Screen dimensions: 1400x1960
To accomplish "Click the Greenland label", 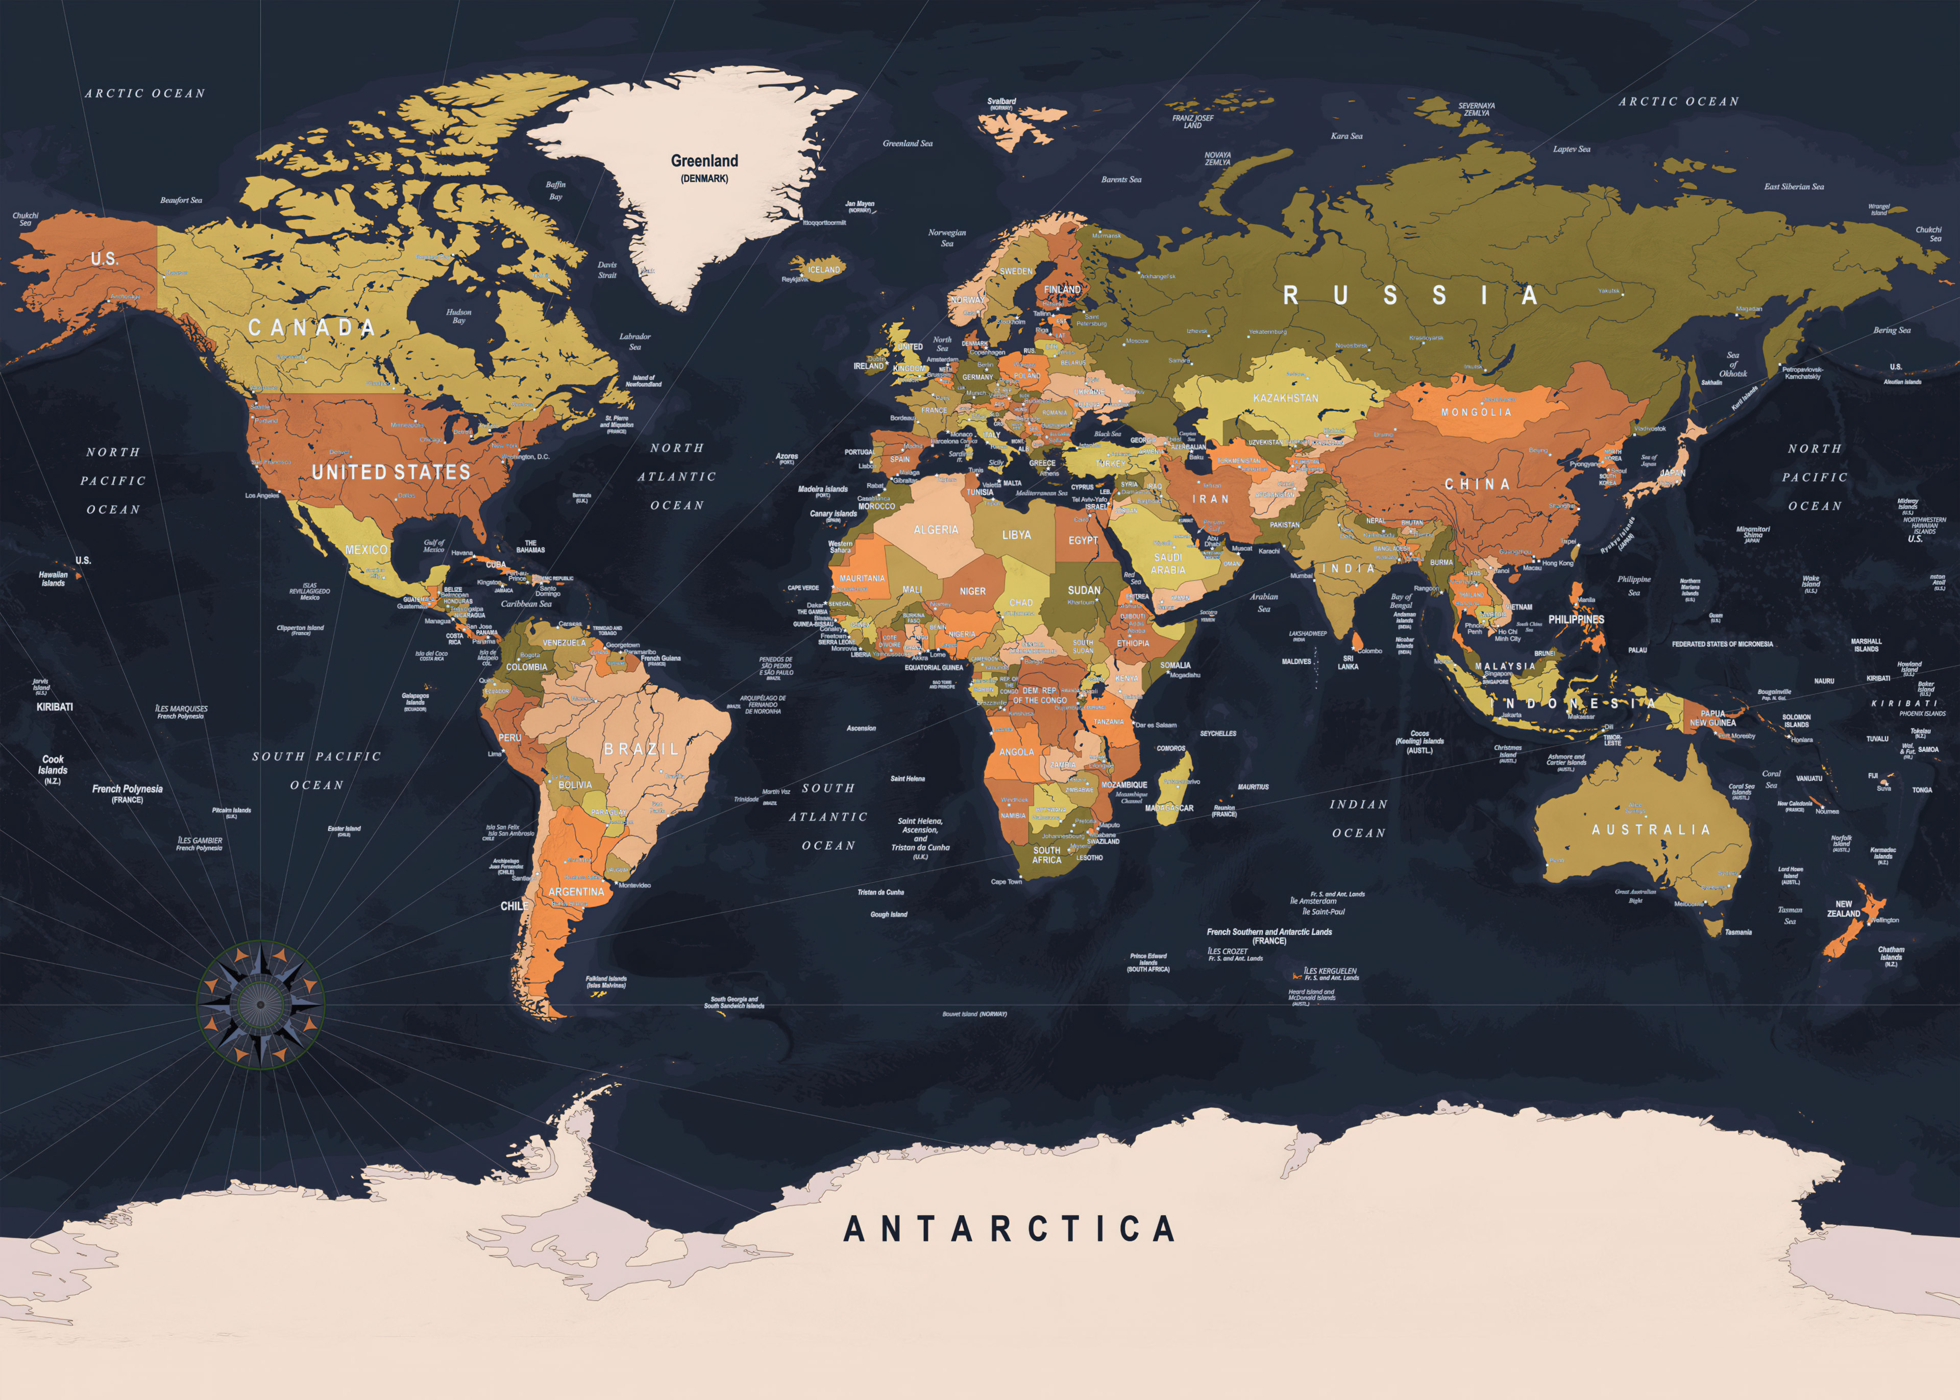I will click(x=704, y=161).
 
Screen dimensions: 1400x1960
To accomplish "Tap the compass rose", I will click(x=260, y=1004).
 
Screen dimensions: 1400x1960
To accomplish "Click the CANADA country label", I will click(x=311, y=328).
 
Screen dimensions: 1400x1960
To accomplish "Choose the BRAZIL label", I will click(x=641, y=749).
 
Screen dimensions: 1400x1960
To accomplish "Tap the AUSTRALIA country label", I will click(x=1651, y=829).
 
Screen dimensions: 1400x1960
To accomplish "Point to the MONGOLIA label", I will click(x=1476, y=412).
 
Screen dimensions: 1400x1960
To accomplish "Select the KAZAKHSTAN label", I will click(x=1285, y=398).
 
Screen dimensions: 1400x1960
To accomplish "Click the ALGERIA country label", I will click(x=935, y=530).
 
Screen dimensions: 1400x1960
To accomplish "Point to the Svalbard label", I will click(x=1001, y=102).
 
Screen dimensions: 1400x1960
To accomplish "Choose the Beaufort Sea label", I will click(x=181, y=200).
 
